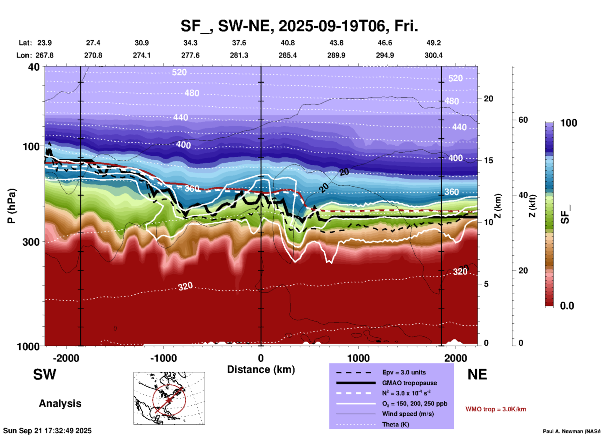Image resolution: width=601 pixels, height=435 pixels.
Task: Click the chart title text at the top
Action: click(299, 26)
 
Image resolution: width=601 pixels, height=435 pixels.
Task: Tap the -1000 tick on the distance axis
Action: click(164, 358)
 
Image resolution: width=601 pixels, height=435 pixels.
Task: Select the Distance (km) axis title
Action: click(261, 369)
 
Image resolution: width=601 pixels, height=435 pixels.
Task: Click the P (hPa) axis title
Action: click(12, 206)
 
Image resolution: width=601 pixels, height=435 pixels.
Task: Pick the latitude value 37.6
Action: click(239, 43)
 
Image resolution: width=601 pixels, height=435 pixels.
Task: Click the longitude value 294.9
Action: click(384, 55)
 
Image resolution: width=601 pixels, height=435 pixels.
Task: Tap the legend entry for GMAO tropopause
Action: click(409, 383)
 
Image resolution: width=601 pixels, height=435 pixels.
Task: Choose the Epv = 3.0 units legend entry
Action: click(404, 372)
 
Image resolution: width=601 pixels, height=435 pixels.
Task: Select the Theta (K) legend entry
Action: click(395, 424)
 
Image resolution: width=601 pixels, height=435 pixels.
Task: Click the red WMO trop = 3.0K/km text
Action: click(496, 409)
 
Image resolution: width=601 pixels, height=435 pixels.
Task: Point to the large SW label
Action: click(45, 374)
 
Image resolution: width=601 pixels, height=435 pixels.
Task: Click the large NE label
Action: click(477, 374)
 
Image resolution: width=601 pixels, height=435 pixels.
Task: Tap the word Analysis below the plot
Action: click(60, 403)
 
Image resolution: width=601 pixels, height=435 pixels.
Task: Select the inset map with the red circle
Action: click(169, 398)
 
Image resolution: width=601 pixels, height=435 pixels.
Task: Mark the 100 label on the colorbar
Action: click(569, 123)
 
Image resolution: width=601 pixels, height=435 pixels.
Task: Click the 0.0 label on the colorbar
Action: click(567, 306)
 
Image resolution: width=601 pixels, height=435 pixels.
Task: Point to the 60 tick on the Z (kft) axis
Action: click(523, 120)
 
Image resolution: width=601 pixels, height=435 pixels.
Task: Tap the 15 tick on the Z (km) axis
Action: click(488, 160)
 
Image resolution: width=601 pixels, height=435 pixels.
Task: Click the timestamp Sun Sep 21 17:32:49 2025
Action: click(47, 431)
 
